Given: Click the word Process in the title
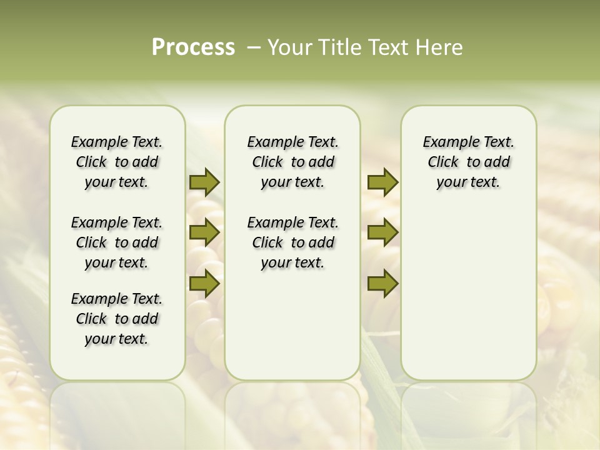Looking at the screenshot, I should click(193, 47).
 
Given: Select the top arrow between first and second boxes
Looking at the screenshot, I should click(204, 182).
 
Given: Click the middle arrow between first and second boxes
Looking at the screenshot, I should click(204, 233).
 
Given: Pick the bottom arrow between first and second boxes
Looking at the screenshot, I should click(204, 283).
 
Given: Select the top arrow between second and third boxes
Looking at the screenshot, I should click(382, 182).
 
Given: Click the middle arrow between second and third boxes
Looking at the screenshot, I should click(382, 233).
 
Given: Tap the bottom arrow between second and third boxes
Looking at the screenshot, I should click(382, 283).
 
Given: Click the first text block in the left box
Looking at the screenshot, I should click(117, 162).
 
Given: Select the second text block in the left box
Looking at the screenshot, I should click(117, 242).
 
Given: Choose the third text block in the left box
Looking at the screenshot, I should click(117, 319).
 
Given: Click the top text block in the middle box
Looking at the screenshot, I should click(292, 162).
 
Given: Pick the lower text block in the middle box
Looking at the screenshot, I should click(292, 242).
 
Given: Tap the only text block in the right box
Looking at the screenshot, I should click(468, 162).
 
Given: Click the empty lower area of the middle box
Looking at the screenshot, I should click(292, 325).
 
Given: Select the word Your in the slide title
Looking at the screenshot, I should click(289, 47).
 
